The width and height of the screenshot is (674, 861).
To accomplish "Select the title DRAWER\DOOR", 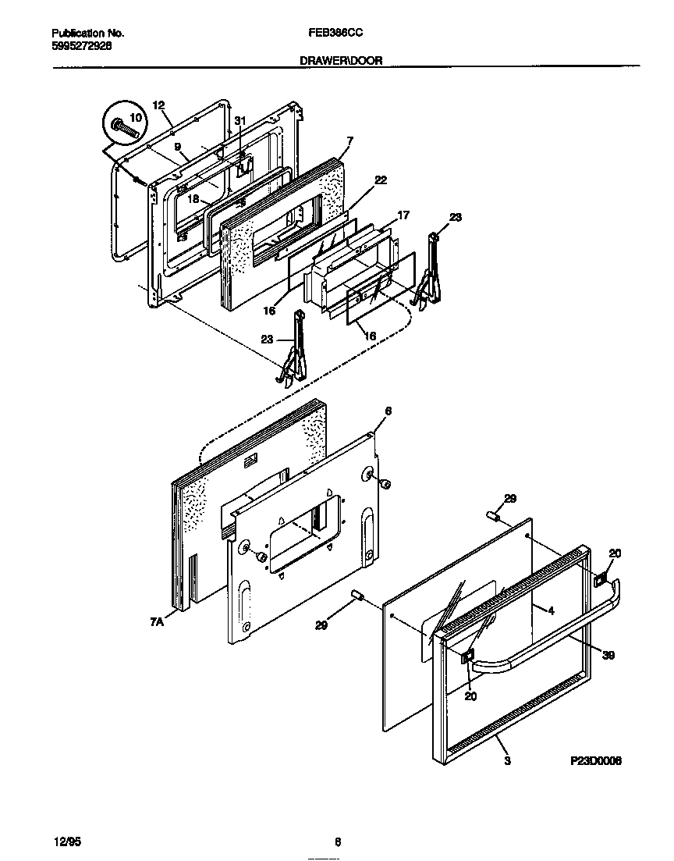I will [341, 60].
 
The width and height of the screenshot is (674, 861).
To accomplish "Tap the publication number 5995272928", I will [81, 46].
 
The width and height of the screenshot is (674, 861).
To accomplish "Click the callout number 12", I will [159, 105].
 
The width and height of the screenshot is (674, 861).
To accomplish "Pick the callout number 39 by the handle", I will [608, 655].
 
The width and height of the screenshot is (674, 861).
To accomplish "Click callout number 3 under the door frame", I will [507, 760].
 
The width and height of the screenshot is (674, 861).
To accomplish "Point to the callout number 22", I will [380, 180].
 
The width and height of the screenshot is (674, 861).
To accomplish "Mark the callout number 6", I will [388, 411].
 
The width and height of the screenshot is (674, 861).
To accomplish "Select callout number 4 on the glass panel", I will [551, 611].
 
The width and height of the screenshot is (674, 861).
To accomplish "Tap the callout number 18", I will [193, 199].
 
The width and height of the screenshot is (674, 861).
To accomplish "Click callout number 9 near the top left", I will [177, 147].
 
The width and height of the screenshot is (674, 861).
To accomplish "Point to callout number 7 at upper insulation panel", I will [349, 141].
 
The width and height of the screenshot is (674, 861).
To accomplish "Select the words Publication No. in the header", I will [87, 34].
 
